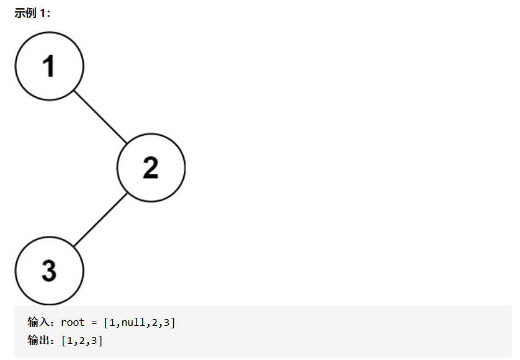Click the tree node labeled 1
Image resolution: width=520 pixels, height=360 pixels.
pyautogui.click(x=49, y=66)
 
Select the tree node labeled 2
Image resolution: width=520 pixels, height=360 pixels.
pyautogui.click(x=151, y=168)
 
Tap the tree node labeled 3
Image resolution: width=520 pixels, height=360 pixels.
pyautogui.click(x=49, y=271)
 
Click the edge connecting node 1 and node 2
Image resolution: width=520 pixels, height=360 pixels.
pyautogui.click(x=100, y=117)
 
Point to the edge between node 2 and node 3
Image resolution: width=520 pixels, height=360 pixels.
pyautogui.click(x=100, y=220)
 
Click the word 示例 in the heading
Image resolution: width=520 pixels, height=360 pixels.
pyautogui.click(x=25, y=13)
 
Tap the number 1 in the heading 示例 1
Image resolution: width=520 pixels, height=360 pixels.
pyautogui.click(x=43, y=13)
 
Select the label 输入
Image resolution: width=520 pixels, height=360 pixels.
pyautogui.click(x=38, y=322)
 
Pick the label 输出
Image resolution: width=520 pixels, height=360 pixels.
pyautogui.click(x=38, y=340)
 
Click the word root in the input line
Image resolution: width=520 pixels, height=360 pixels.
pyautogui.click(x=73, y=323)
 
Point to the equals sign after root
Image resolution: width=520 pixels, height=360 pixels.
pyautogui.click(x=94, y=323)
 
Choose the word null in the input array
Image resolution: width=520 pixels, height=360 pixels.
pyautogui.click(x=133, y=322)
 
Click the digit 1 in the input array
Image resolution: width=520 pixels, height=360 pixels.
pyautogui.click(x=112, y=323)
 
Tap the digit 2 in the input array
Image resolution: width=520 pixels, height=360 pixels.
pyautogui.click(x=155, y=323)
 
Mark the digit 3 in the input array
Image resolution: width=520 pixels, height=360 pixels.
pyautogui.click(x=166, y=323)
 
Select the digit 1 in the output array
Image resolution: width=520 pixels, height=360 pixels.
pyautogui.click(x=69, y=340)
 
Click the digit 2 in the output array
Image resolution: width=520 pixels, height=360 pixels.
pyautogui.click(x=82, y=340)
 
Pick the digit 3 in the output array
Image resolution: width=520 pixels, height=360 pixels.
pyautogui.click(x=94, y=340)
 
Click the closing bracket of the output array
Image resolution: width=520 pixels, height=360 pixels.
pyautogui.click(x=100, y=340)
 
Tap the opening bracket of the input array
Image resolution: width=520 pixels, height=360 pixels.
pyautogui.click(x=106, y=323)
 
